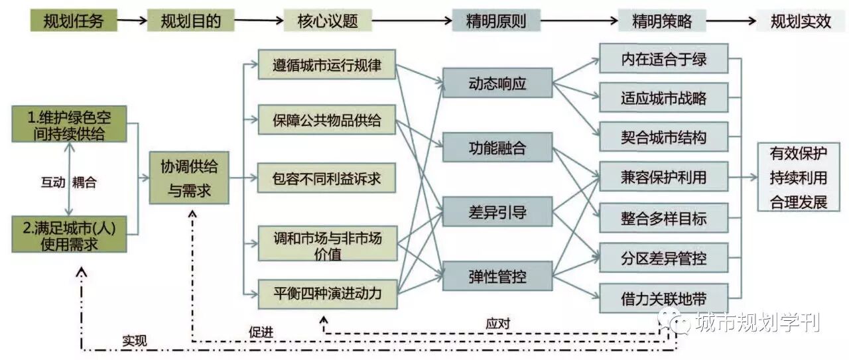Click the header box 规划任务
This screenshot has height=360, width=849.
[73, 21]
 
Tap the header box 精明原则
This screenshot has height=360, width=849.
[496, 21]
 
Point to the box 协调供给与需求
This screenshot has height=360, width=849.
[189, 178]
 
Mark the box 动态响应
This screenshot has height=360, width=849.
[497, 85]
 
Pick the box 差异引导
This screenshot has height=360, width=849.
[497, 212]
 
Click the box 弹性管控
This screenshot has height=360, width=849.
[497, 276]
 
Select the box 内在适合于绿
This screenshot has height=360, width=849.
[663, 59]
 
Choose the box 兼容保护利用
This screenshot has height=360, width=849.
[663, 177]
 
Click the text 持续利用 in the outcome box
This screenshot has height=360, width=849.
[798, 178]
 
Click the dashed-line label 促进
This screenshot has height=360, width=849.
[261, 331]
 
